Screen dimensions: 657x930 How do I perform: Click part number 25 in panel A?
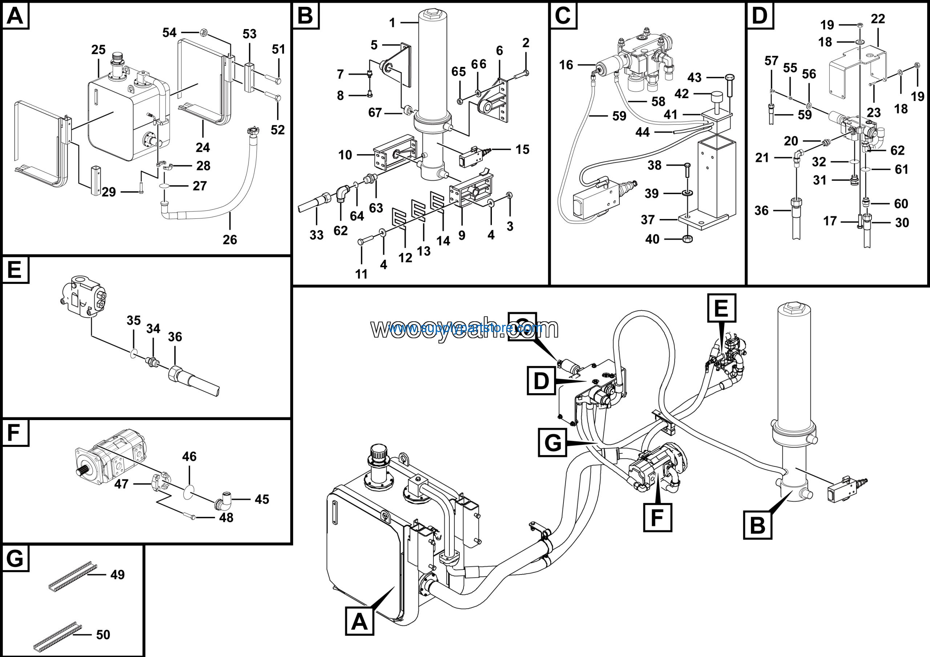[98, 50]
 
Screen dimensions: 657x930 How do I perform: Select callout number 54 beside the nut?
[169, 32]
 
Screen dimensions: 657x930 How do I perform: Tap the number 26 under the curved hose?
[230, 239]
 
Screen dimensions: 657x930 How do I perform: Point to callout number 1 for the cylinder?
[392, 23]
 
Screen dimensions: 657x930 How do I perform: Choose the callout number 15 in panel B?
[522, 149]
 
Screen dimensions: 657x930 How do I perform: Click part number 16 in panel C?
[566, 65]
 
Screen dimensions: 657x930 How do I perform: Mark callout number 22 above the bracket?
[878, 19]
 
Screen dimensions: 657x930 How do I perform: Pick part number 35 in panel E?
[133, 321]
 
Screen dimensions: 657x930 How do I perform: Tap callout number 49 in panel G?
[117, 575]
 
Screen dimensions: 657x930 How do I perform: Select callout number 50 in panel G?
[103, 634]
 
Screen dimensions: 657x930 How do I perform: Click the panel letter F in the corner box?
[14, 432]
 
